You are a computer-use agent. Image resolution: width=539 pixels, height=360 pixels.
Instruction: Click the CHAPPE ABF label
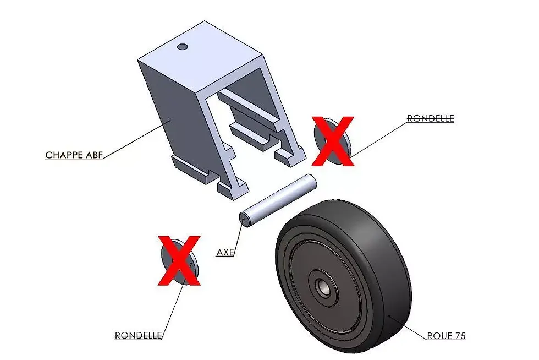pos(74,155)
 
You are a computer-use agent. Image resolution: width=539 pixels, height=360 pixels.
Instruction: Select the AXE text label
pos(226,253)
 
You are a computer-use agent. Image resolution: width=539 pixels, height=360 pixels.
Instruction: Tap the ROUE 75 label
pos(446,336)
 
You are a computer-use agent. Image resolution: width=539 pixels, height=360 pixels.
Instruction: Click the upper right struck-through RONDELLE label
pos(430,118)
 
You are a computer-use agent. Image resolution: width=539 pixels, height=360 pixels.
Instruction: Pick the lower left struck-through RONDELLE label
pos(138,335)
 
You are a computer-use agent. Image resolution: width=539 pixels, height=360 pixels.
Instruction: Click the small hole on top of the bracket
pos(183,47)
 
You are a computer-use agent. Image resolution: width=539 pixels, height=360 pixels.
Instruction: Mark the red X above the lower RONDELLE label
pos(179,260)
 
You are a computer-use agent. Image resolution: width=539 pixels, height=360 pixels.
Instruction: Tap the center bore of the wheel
pos(321,285)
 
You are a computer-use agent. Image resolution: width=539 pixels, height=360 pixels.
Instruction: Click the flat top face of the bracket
pos(201,52)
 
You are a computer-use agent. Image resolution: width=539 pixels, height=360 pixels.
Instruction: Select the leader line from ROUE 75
pos(407,326)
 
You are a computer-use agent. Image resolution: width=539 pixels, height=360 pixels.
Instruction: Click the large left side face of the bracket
pos(165,110)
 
